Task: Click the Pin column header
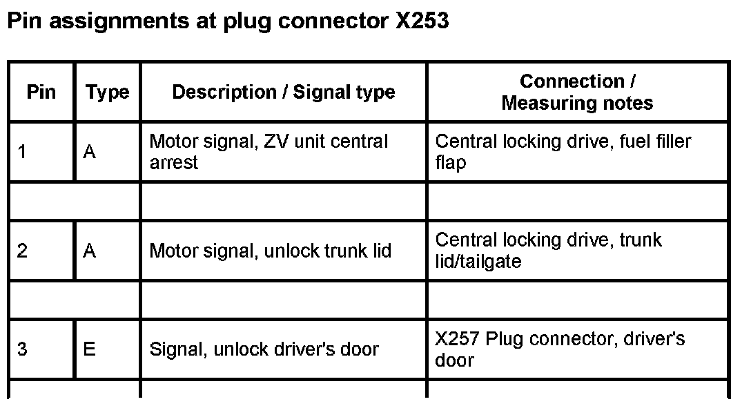click(x=41, y=92)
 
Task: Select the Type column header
click(x=107, y=92)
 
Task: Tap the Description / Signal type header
click(x=283, y=92)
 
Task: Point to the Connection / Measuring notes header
click(x=577, y=92)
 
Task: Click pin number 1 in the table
click(x=22, y=152)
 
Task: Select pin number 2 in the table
click(x=22, y=251)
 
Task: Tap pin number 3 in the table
click(x=22, y=349)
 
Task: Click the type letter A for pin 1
click(x=89, y=152)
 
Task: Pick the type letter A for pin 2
click(x=89, y=251)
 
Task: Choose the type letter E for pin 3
click(x=89, y=349)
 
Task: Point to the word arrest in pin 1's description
click(x=174, y=163)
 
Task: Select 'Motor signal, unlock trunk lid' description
click(x=270, y=251)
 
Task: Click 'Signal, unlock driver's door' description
click(x=264, y=349)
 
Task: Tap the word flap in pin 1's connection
click(x=451, y=164)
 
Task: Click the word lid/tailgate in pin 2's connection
click(x=478, y=262)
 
